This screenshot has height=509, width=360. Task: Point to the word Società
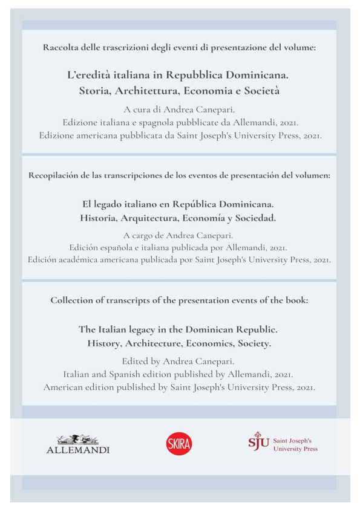[261, 92]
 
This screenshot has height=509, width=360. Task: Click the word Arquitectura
[155, 218]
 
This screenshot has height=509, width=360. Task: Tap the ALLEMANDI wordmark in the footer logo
[78, 450]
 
